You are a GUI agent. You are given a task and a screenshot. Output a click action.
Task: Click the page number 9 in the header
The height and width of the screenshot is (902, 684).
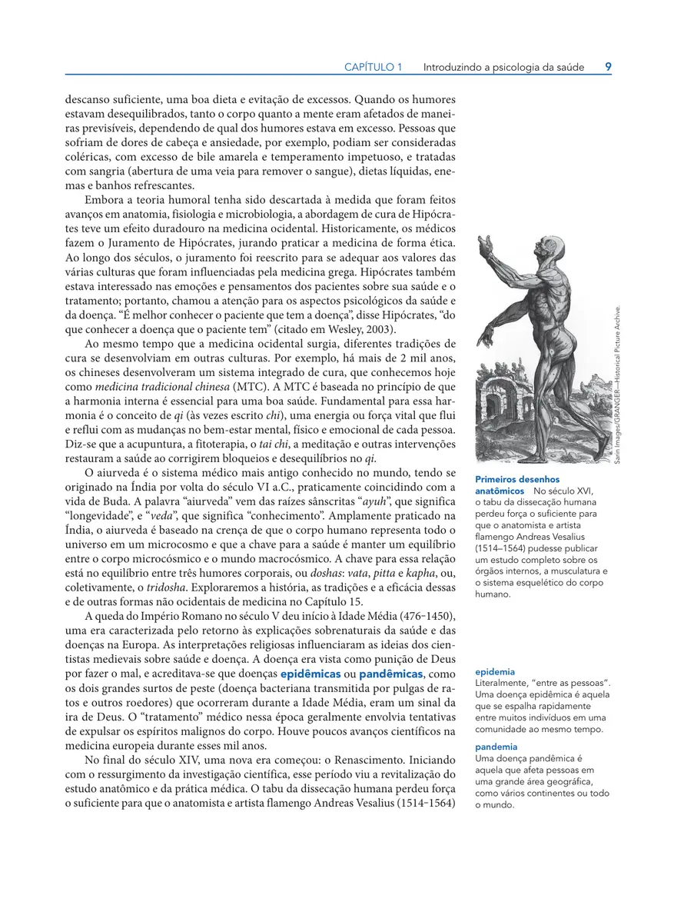(x=608, y=67)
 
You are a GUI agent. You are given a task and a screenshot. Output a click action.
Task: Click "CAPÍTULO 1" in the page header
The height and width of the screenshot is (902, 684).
(x=373, y=67)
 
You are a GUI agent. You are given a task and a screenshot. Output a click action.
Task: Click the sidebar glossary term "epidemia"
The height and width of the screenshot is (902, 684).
(x=495, y=671)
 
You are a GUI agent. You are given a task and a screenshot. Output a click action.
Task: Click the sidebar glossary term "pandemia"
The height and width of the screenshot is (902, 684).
(x=496, y=746)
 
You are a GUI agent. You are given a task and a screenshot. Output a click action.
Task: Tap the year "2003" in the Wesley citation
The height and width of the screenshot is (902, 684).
(x=374, y=329)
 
